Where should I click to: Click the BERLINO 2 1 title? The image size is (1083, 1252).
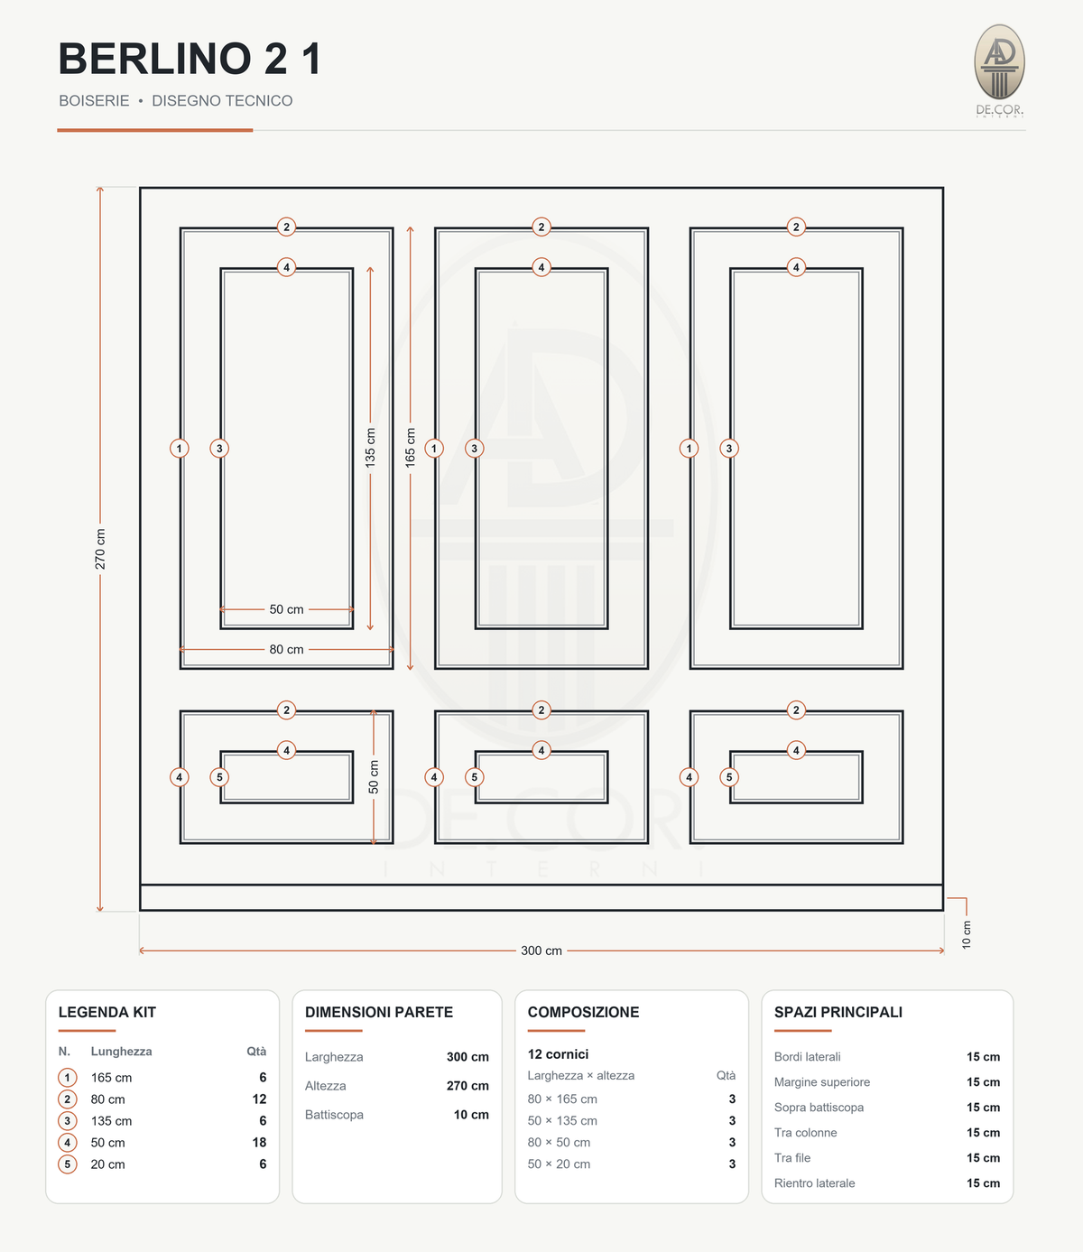tap(190, 59)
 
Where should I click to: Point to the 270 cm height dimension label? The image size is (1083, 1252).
tap(100, 549)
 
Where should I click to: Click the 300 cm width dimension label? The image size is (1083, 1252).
tap(541, 951)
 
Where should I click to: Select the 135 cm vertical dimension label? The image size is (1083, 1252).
tap(370, 447)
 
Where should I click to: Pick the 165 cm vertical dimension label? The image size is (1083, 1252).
tap(410, 447)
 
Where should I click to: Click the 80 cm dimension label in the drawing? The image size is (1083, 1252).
tap(286, 649)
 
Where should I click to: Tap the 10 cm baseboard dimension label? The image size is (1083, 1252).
tap(966, 934)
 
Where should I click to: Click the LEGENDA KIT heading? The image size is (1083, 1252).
tap(107, 1012)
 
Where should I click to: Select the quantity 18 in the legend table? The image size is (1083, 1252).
tap(259, 1143)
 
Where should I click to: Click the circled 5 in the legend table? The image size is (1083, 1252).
tap(67, 1164)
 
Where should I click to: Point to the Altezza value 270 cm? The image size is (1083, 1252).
tap(467, 1085)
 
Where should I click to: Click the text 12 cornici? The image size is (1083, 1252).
tap(558, 1054)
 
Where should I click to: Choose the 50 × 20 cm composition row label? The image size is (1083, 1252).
tap(559, 1164)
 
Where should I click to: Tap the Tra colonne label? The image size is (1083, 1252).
tap(805, 1133)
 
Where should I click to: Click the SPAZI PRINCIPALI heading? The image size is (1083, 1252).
tap(838, 1012)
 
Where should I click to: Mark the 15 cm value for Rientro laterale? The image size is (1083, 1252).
tap(983, 1183)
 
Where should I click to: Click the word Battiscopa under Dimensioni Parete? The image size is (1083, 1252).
tap(334, 1115)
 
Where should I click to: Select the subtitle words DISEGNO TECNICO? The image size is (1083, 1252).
tap(222, 100)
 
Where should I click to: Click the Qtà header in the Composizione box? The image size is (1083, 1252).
tap(726, 1075)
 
